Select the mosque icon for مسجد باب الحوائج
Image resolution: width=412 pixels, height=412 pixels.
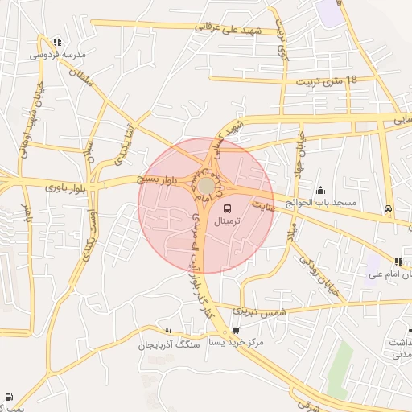(x=321, y=191)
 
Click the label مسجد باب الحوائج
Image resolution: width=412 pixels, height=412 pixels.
(x=323, y=204)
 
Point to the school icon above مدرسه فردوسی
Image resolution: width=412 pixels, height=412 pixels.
(x=56, y=42)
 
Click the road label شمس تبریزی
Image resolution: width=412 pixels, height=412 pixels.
(x=259, y=309)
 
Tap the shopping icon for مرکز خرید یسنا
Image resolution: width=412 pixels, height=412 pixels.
(x=235, y=330)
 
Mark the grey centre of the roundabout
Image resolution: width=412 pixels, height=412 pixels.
(x=207, y=186)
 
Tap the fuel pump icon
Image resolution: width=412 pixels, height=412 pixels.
(x=9, y=397)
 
